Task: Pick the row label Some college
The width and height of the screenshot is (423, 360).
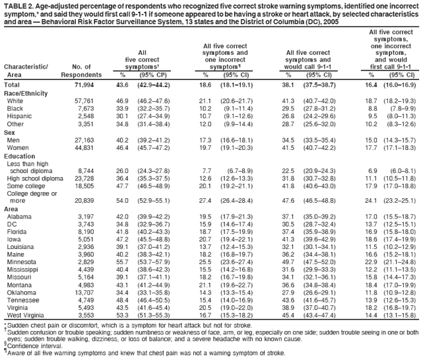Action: [28, 186]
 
